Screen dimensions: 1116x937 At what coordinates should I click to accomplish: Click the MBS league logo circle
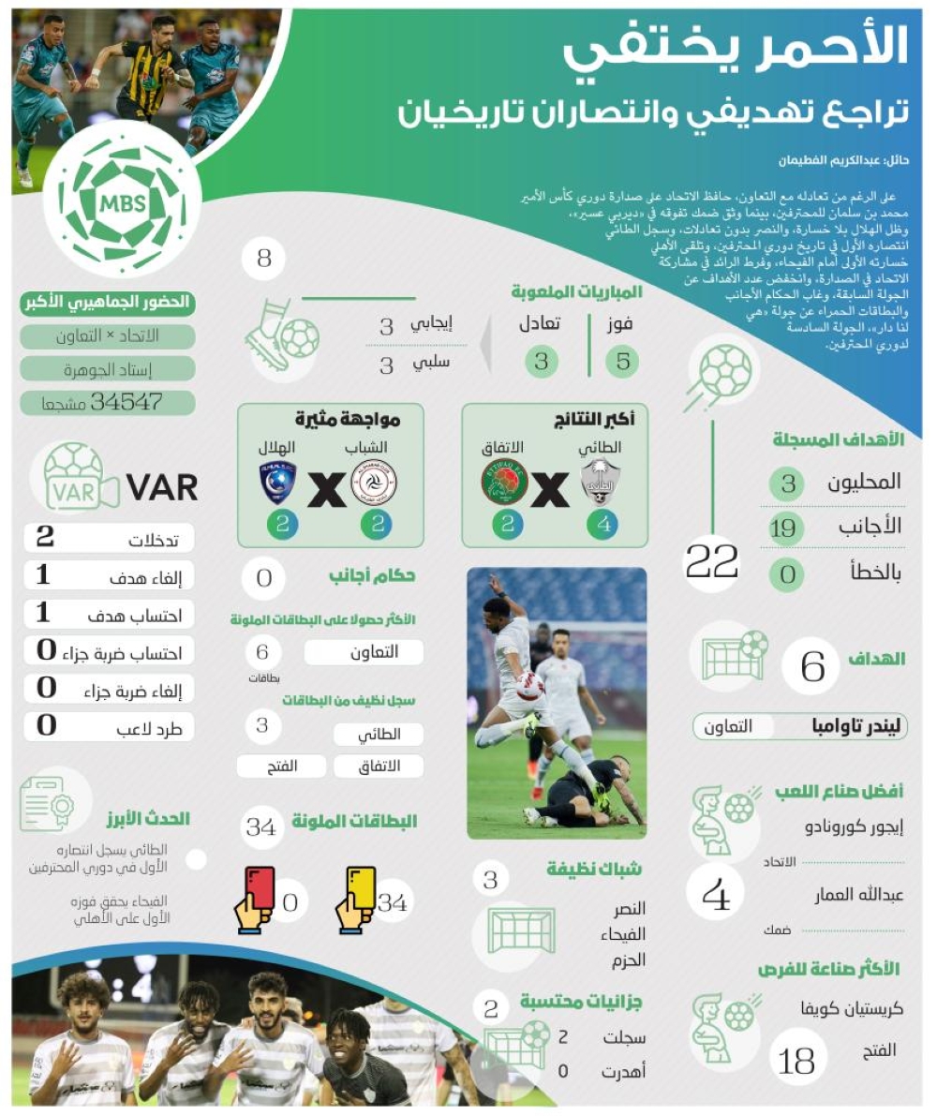coord(123,204)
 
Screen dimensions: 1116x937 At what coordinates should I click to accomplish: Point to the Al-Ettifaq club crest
coord(504,482)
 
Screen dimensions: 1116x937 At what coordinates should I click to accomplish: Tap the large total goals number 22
coord(712,562)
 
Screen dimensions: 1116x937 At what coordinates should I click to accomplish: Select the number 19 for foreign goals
coord(783,528)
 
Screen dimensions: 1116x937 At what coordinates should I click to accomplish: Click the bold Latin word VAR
coord(161,487)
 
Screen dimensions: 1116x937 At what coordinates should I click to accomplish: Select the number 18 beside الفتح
coord(796,1061)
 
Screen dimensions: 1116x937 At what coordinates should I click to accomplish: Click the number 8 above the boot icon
coord(264,259)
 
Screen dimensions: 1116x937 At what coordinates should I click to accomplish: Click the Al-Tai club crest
coord(601,482)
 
